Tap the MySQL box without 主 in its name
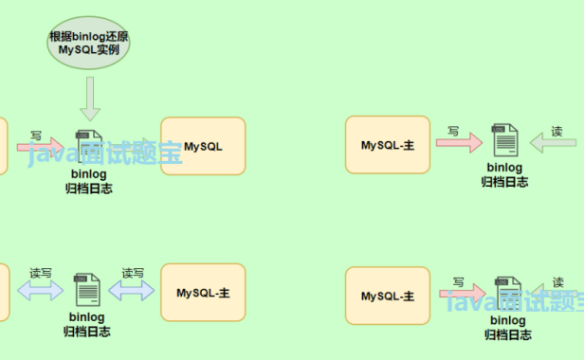coord(203,146)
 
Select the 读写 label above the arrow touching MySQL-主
coord(132,273)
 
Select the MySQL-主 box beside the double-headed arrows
coord(203,292)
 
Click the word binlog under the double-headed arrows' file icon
coord(87,317)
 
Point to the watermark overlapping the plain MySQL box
coord(104,154)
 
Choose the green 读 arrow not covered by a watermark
coord(553,143)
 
